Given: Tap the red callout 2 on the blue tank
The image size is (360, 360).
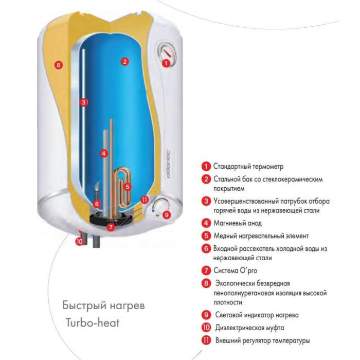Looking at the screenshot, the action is [x=124, y=61].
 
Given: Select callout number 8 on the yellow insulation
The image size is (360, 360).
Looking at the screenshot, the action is [x=58, y=65].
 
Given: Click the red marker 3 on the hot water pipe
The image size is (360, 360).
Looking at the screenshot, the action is [x=83, y=102].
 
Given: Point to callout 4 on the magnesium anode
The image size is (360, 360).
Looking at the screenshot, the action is [x=104, y=153].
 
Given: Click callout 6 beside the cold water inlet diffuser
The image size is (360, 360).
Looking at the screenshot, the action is [x=97, y=204].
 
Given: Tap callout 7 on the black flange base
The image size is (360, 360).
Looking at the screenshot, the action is [x=111, y=227].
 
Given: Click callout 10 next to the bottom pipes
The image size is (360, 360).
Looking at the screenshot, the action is [x=79, y=242].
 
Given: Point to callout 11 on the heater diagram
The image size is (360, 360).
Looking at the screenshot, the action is [x=145, y=200].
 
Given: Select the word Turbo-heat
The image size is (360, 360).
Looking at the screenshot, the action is [x=93, y=322].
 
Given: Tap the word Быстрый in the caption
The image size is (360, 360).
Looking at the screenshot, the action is [x=84, y=305].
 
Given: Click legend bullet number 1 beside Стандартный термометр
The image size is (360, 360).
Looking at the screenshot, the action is [x=206, y=166].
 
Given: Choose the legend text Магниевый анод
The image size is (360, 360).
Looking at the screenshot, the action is [x=238, y=223].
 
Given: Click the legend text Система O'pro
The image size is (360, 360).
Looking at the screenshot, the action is [x=236, y=271].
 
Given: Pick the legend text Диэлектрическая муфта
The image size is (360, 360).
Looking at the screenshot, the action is [x=249, y=328].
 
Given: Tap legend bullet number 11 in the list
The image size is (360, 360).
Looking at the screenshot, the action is [x=206, y=340].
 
